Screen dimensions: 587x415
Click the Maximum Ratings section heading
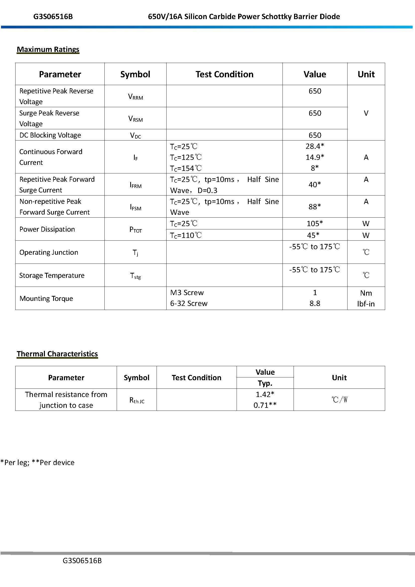(x=48, y=49)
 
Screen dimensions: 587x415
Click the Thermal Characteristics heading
(x=57, y=354)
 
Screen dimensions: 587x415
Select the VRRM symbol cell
(x=135, y=97)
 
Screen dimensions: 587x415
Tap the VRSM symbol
(x=135, y=119)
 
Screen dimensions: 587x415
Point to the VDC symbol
(x=135, y=135)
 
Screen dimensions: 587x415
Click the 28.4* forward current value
(x=315, y=146)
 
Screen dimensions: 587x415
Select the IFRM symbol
(x=135, y=185)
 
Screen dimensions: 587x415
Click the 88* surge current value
(x=315, y=207)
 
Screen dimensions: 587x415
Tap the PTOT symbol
(x=135, y=230)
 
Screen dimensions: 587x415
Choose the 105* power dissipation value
(x=315, y=223)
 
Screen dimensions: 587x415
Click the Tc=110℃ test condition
(x=186, y=235)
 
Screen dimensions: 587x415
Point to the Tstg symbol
(x=135, y=276)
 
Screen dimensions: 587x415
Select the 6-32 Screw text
(x=189, y=303)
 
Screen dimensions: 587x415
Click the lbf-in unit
(x=366, y=304)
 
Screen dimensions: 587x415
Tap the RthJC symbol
(x=137, y=400)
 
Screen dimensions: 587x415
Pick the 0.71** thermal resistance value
(x=265, y=405)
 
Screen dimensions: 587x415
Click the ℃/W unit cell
(x=339, y=400)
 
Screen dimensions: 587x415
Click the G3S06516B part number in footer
(x=82, y=561)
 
